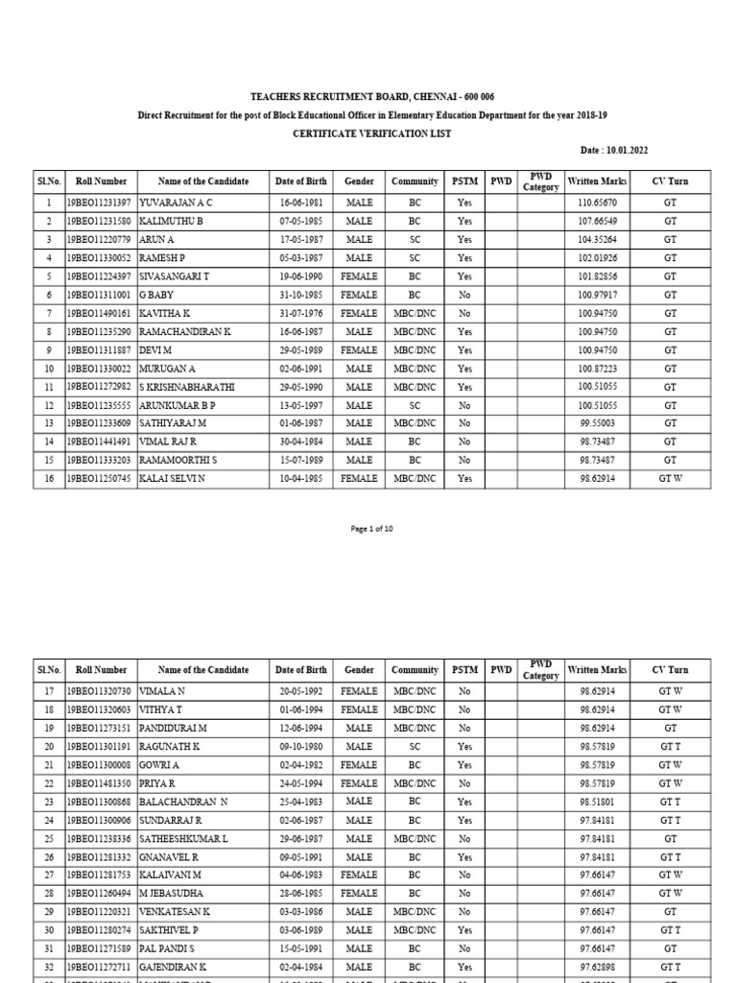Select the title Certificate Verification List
(x=373, y=133)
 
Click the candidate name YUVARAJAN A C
(x=178, y=204)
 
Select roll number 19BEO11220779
(x=100, y=240)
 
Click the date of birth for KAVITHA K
(x=300, y=313)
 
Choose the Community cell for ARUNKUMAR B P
(x=415, y=405)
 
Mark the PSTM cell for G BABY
(x=464, y=295)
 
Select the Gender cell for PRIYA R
(x=359, y=784)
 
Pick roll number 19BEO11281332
(x=100, y=857)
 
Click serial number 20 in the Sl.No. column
(x=47, y=747)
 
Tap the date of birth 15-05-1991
(x=300, y=948)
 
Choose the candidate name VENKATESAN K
(x=176, y=912)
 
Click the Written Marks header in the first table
(x=597, y=180)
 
